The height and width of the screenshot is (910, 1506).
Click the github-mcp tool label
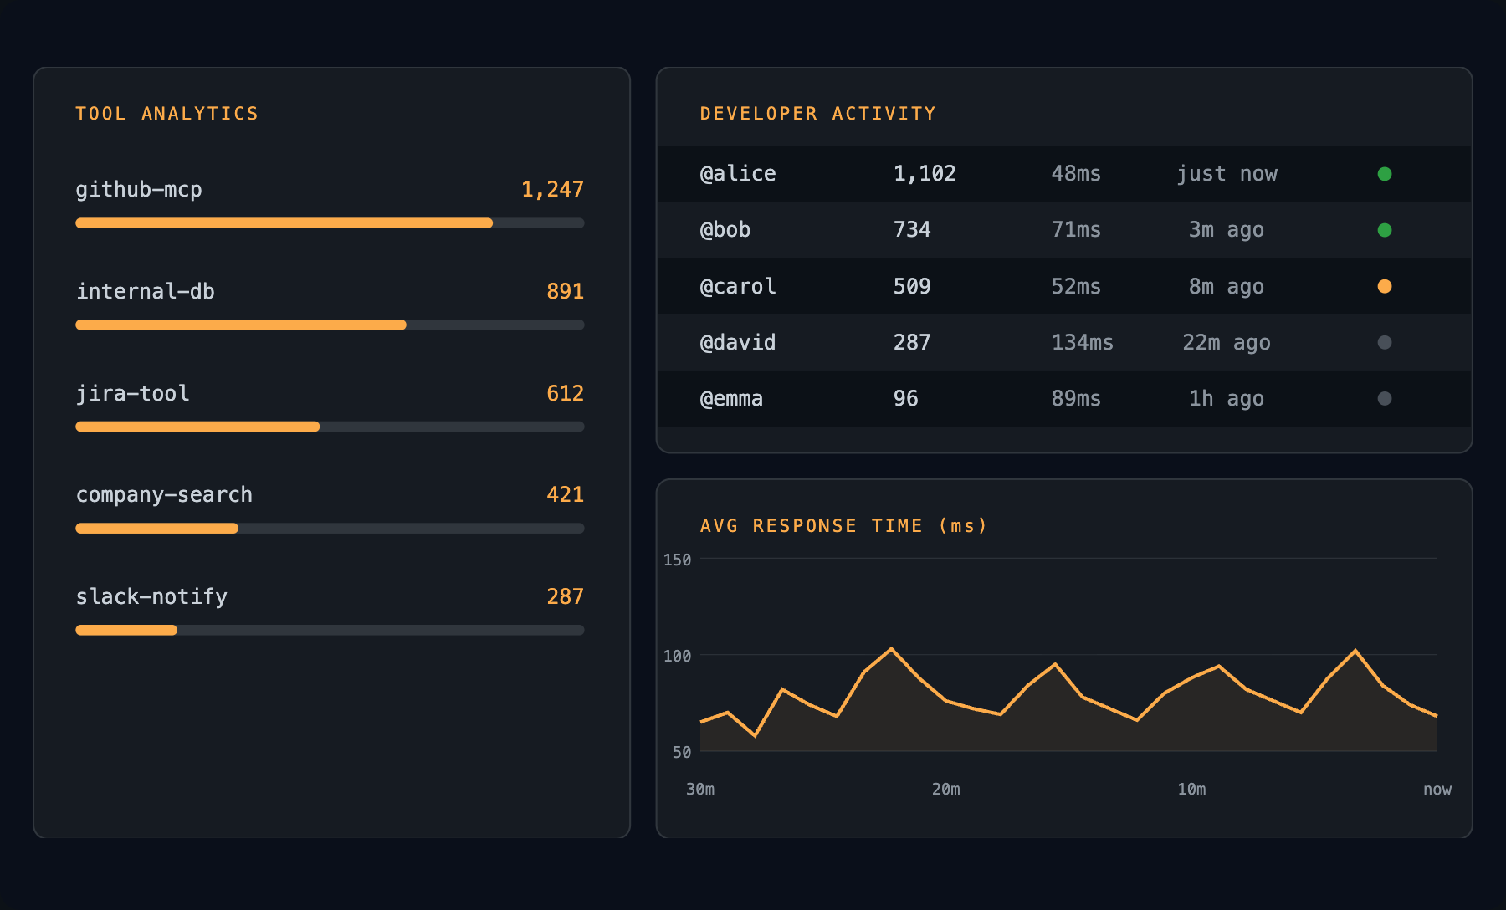point(139,190)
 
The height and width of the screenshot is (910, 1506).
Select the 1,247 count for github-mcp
point(552,190)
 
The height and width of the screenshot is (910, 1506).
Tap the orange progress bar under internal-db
point(241,325)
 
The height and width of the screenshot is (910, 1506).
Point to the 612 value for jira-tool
point(565,393)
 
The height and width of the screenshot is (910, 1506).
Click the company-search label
point(164,495)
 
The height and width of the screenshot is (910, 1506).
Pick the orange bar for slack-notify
point(126,630)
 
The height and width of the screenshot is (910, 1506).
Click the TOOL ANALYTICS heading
point(167,114)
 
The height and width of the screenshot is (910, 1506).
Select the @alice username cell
point(738,174)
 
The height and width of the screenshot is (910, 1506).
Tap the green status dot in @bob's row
point(1385,230)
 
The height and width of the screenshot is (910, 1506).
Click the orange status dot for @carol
point(1385,286)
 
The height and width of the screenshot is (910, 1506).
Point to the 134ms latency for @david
point(1082,342)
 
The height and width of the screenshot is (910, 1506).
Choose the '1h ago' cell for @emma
point(1226,399)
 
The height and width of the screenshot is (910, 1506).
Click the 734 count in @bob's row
point(912,230)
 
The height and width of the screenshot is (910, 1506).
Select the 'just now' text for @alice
point(1227,174)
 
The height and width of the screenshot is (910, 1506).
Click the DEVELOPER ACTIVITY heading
point(817,114)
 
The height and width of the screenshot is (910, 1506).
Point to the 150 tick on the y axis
point(677,560)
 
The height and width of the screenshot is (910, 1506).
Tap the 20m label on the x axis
point(946,789)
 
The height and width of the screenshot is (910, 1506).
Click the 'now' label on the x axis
point(1437,789)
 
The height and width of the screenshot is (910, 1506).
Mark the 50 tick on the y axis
point(681,752)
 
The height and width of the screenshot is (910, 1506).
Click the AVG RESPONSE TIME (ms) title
point(843,526)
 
